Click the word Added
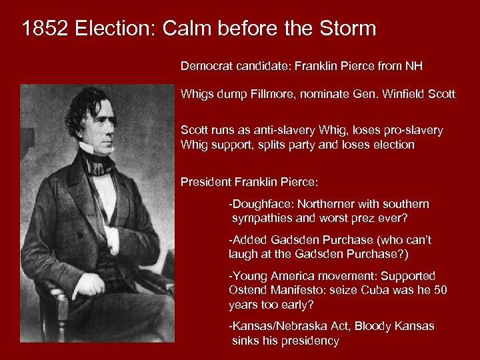(x=247, y=240)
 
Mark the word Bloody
(x=375, y=326)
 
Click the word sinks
(x=245, y=341)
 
